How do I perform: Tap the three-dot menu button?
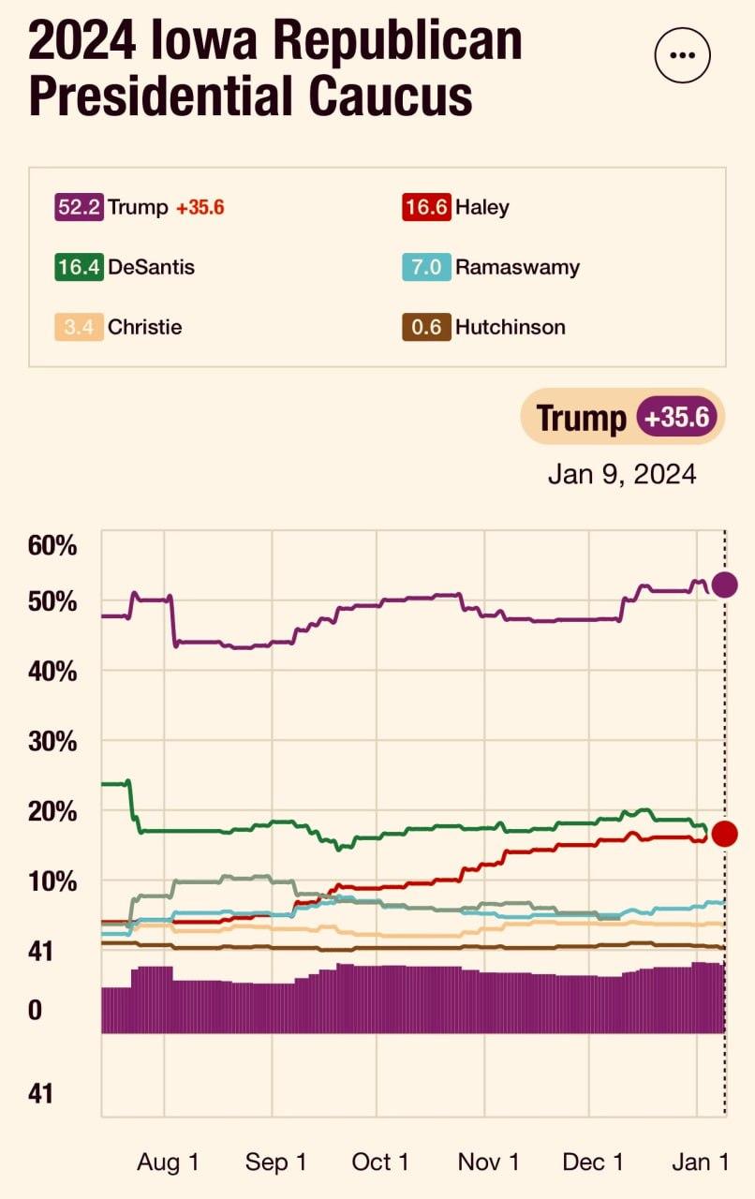[683, 55]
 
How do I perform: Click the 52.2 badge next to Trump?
[79, 207]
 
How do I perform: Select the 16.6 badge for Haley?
[426, 207]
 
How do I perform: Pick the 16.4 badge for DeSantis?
[79, 267]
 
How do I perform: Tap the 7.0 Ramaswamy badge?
[426, 267]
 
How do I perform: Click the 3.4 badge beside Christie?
[79, 327]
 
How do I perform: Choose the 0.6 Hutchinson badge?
[426, 327]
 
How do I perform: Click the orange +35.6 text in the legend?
[200, 207]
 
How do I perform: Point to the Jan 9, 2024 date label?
[622, 474]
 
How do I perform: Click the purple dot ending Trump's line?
[725, 585]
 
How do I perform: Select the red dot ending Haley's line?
[725, 834]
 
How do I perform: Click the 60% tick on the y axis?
[52, 545]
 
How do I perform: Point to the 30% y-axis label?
[52, 741]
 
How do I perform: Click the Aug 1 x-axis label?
[168, 1162]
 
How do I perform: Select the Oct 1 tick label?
[380, 1162]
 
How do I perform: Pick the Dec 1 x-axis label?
[593, 1162]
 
